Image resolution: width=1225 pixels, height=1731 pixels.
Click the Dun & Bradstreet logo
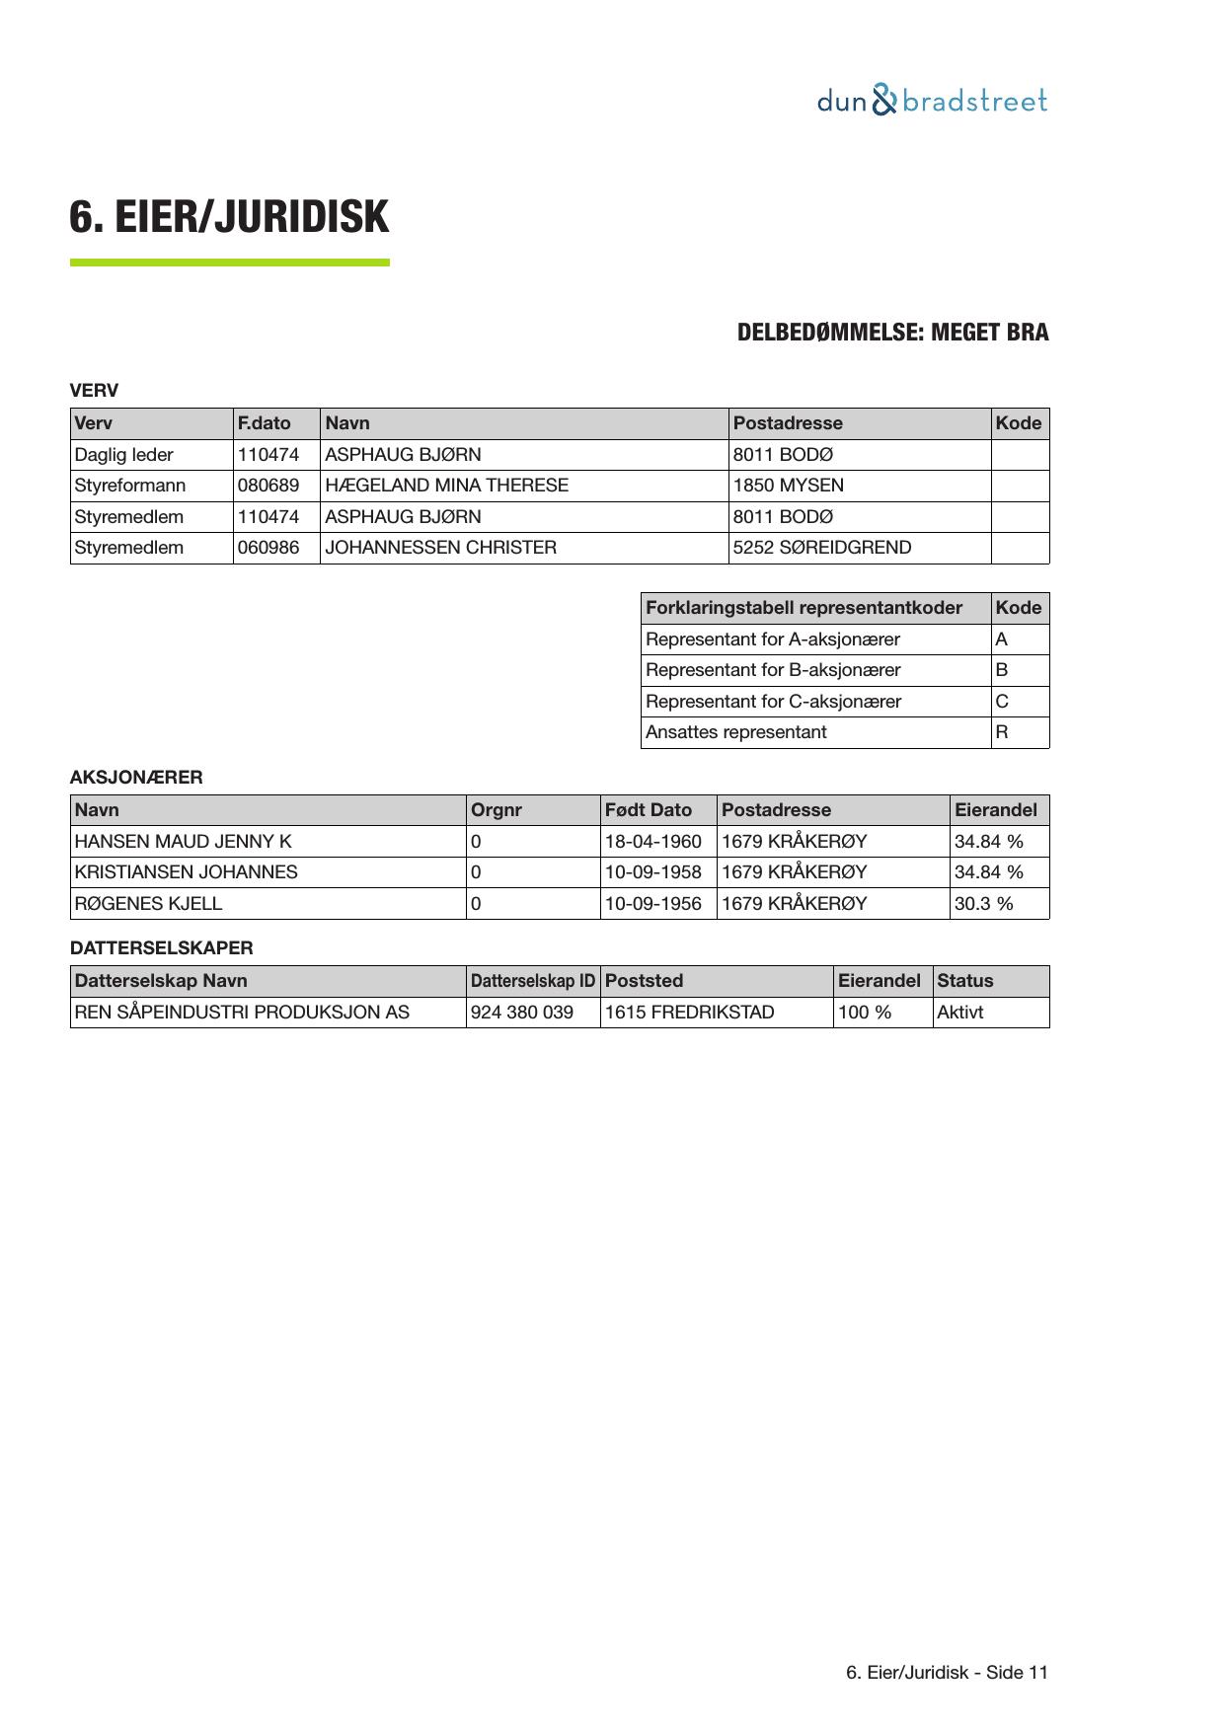(932, 101)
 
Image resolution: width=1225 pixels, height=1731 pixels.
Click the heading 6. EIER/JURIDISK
(229, 217)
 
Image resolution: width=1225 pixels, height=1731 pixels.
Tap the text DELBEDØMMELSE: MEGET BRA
(892, 333)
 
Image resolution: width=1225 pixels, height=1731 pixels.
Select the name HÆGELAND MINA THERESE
(446, 486)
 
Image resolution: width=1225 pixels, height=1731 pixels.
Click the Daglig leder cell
(124, 455)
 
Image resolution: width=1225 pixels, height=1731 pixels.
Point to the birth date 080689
(268, 486)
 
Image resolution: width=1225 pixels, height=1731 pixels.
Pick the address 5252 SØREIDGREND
(822, 548)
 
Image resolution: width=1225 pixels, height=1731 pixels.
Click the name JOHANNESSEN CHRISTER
(440, 548)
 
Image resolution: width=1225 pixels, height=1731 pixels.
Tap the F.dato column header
(265, 423)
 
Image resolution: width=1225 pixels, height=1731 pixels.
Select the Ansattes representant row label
(736, 732)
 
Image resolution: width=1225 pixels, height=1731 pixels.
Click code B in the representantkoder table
(1002, 670)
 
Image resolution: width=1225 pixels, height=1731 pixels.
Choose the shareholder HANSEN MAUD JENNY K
(184, 842)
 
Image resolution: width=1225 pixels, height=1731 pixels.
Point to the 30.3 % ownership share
(984, 904)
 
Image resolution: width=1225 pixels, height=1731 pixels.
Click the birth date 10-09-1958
(653, 872)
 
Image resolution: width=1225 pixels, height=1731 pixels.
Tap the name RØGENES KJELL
(148, 904)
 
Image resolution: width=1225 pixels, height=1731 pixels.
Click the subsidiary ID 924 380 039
(522, 1013)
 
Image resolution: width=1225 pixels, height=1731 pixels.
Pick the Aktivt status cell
(960, 1013)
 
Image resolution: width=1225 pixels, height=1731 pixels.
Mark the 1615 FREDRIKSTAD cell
(690, 1013)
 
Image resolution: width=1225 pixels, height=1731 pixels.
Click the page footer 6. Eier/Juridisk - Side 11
(948, 1673)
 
